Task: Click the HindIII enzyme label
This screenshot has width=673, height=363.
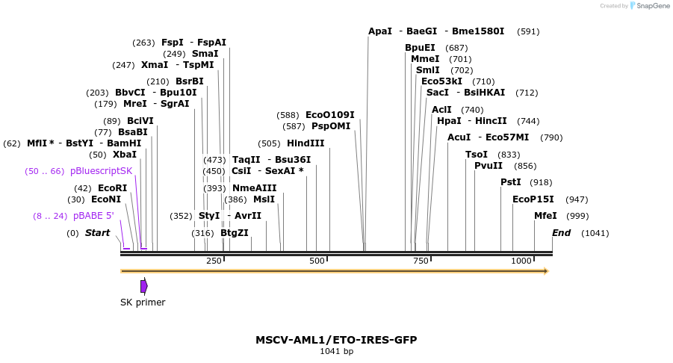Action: [x=306, y=143]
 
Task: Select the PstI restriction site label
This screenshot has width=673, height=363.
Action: [x=511, y=182]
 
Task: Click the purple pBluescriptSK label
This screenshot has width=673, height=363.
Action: [x=101, y=171]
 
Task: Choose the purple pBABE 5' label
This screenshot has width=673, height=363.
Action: [x=93, y=216]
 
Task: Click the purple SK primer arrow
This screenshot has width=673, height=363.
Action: [x=144, y=285]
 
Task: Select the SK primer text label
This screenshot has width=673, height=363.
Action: [x=143, y=302]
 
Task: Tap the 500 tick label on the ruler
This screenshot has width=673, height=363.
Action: [x=317, y=261]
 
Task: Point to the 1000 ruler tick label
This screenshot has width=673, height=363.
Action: [x=521, y=261]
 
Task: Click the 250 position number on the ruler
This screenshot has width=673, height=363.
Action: [x=214, y=261]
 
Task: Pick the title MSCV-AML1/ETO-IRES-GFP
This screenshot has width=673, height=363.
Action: [x=336, y=340]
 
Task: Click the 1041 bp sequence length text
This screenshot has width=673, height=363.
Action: [x=336, y=351]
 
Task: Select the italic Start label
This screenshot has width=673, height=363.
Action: [x=97, y=233]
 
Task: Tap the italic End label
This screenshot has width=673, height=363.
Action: [x=562, y=233]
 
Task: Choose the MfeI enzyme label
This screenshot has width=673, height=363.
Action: [x=545, y=216]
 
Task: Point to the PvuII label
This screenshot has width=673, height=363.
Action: [x=489, y=166]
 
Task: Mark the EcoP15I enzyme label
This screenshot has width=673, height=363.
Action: [x=533, y=199]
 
